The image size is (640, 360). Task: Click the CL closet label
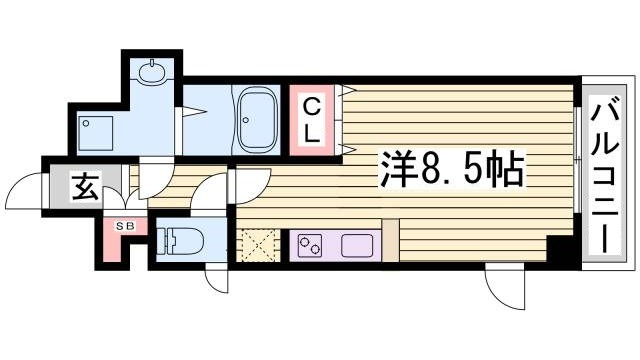312,118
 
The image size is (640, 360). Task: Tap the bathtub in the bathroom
258,118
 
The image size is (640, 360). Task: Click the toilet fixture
180,241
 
